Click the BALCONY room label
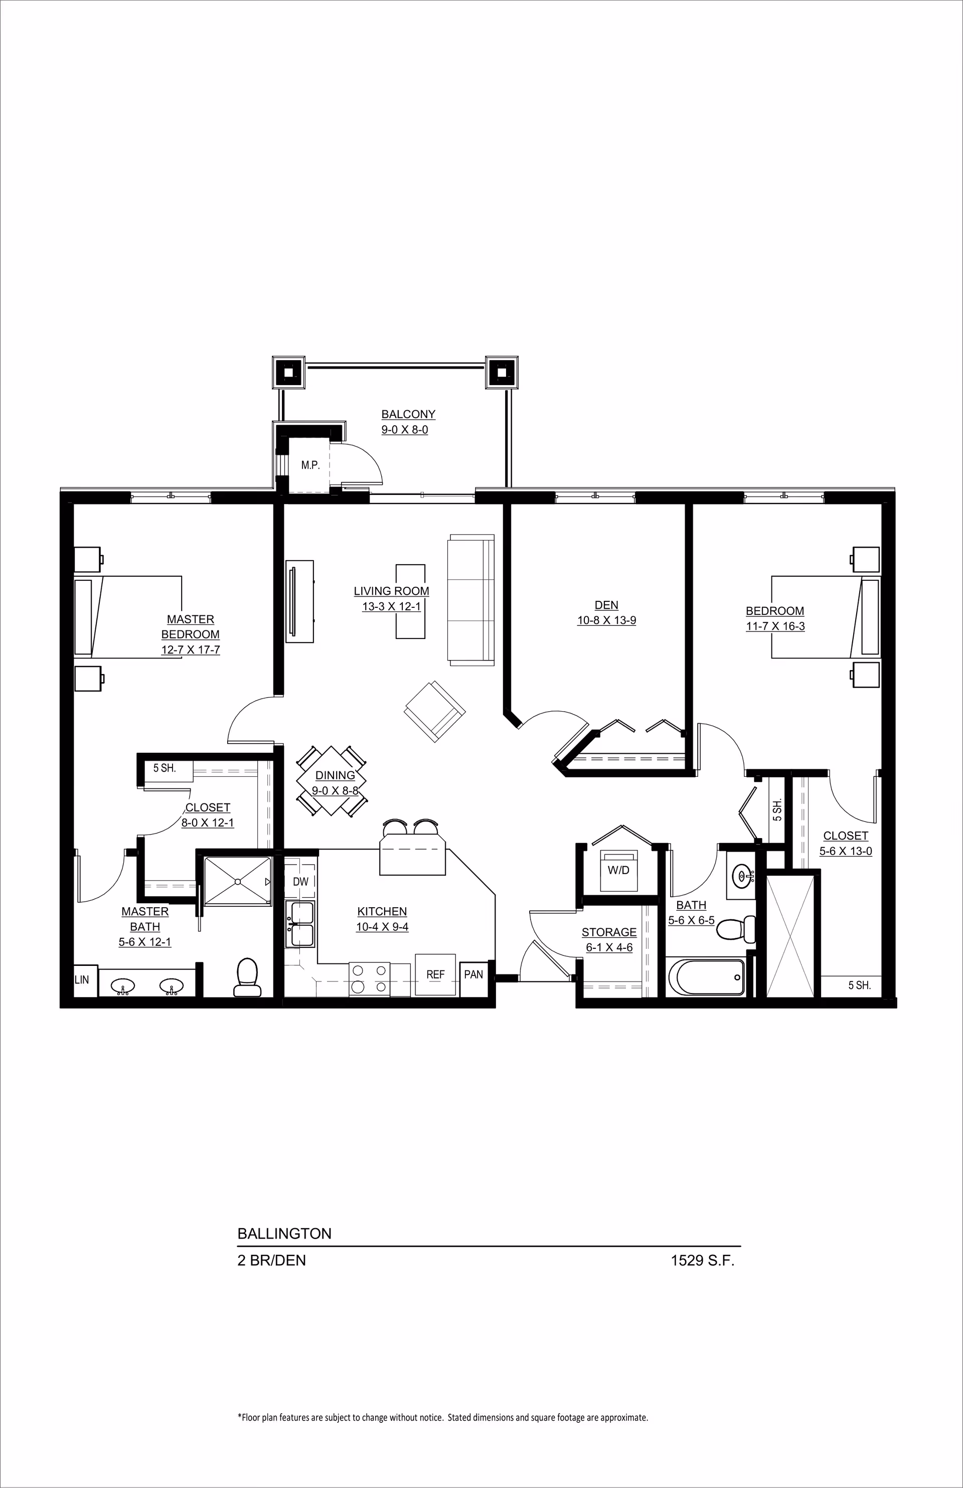click(x=408, y=414)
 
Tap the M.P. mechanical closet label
click(x=310, y=465)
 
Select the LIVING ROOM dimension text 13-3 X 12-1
click(x=391, y=606)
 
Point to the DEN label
click(x=606, y=604)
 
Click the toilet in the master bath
click(x=246, y=977)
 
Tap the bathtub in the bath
click(x=707, y=977)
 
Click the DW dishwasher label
click(x=301, y=882)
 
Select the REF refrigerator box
click(x=436, y=974)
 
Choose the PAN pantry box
click(x=473, y=973)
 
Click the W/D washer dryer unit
click(x=618, y=870)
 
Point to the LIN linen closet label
click(x=82, y=979)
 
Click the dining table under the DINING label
click(x=332, y=781)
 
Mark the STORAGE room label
click(x=609, y=931)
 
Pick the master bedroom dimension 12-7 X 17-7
click(x=191, y=649)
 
